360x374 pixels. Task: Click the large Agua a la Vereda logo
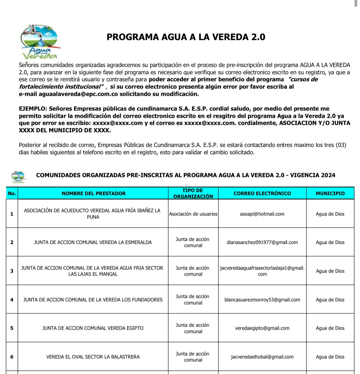40,42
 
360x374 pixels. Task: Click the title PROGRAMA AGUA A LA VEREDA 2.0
186,37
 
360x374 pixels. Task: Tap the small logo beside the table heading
18,176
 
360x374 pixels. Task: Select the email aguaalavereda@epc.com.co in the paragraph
78,94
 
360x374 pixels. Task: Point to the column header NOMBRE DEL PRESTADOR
93,193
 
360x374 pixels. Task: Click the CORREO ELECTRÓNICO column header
262,193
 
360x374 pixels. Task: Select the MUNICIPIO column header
330,193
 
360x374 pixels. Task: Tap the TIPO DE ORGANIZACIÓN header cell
193,193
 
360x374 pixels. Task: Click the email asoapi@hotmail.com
262,214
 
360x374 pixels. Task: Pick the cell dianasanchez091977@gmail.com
262,242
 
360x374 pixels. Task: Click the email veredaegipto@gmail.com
262,328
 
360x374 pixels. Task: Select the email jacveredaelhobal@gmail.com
262,357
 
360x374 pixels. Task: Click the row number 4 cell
12,300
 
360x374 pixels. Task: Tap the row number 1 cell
12,214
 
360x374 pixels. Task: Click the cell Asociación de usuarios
193,214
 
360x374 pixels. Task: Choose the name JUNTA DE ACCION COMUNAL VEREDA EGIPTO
93,328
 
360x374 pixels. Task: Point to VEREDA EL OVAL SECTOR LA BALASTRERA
93,357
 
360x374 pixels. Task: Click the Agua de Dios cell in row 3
330,271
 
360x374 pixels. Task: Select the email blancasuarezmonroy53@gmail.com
262,300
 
